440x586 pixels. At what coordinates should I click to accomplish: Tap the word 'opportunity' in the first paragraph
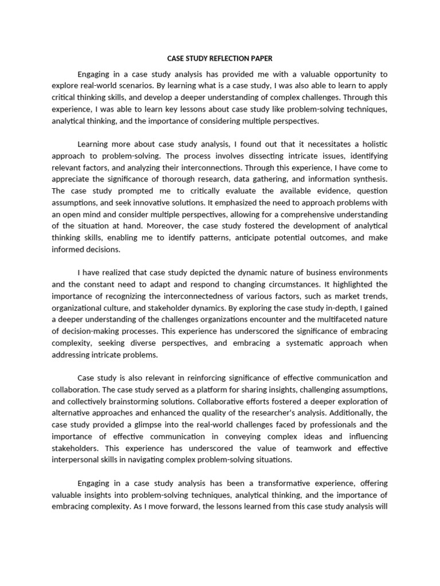tap(352, 74)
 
